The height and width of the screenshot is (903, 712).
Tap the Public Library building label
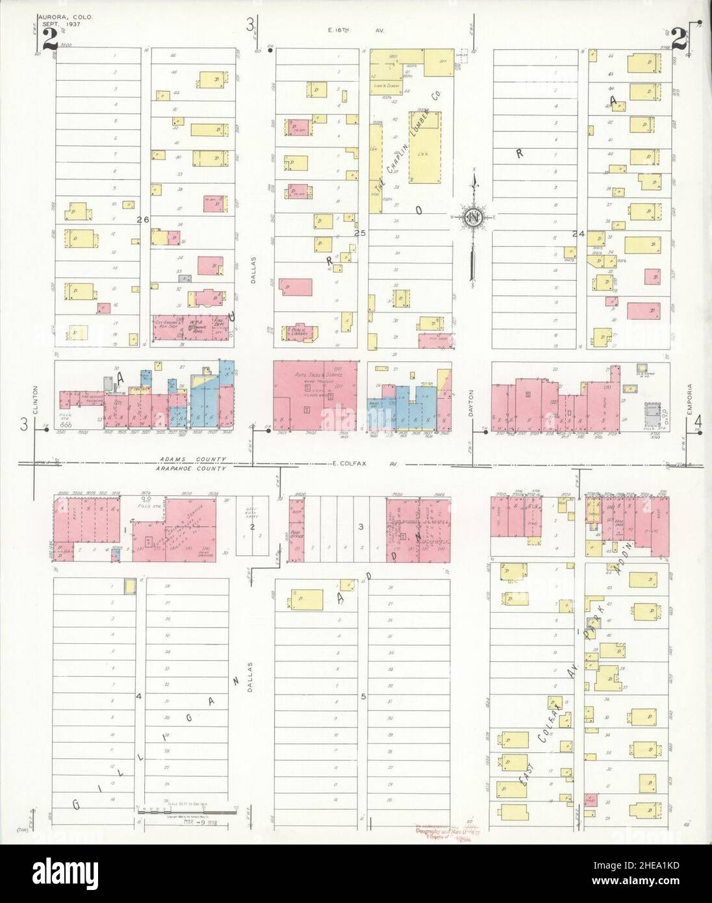point(299,331)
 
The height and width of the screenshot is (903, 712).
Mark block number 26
point(143,220)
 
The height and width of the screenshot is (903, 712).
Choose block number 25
point(360,232)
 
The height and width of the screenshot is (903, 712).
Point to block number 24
point(578,232)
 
